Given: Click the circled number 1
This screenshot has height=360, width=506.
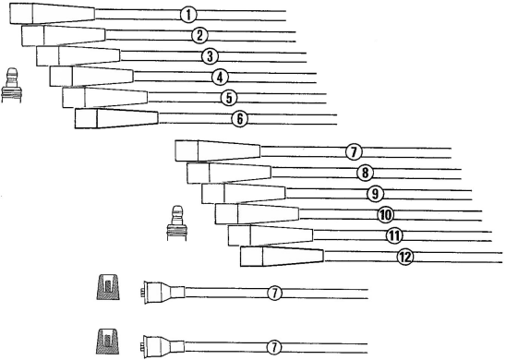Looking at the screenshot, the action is (x=188, y=15).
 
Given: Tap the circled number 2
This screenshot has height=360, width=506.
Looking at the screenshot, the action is (x=199, y=35).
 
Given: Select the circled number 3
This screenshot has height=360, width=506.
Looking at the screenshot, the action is (x=211, y=56).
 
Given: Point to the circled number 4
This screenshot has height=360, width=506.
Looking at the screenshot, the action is (x=220, y=78).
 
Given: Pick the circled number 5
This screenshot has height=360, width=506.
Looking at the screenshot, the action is (x=229, y=98).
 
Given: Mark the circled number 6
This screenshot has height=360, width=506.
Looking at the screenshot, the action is (x=240, y=119).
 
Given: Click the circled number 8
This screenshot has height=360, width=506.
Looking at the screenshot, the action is (x=365, y=173).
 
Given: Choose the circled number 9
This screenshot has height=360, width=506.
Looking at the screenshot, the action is (x=375, y=194).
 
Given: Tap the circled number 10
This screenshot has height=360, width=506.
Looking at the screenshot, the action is (x=386, y=215).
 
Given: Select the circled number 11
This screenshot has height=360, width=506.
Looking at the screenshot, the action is (x=394, y=235).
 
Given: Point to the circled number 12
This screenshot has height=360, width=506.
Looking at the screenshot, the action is (x=405, y=258).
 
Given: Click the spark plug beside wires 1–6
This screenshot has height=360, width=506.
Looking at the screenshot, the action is (x=12, y=85).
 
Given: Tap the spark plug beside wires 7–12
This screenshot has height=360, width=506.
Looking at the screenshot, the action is (x=177, y=222).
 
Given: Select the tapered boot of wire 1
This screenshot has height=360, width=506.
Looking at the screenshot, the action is (x=53, y=14).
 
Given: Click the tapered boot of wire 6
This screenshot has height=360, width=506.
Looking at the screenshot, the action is (x=116, y=118).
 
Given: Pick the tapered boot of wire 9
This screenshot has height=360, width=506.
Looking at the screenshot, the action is (x=244, y=194).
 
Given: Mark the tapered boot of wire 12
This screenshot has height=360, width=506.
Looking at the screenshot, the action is (x=282, y=257).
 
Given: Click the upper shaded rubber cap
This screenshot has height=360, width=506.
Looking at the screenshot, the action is (x=108, y=287).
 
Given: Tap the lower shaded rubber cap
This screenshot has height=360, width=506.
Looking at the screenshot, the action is (x=108, y=342).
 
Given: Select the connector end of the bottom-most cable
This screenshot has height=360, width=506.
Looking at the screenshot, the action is (x=164, y=347).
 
